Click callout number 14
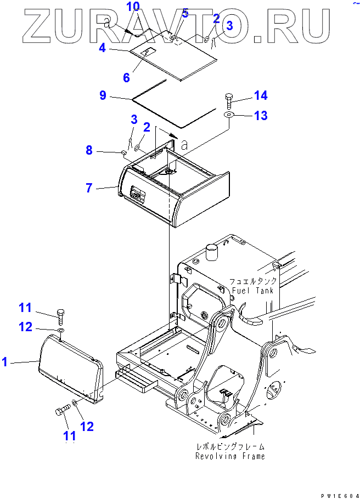click(x=261, y=96)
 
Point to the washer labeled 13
click(x=229, y=115)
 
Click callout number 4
click(x=102, y=48)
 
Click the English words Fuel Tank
click(x=252, y=290)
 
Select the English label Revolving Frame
click(x=230, y=456)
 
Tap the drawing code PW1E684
click(x=335, y=495)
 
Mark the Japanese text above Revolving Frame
click(x=230, y=446)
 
